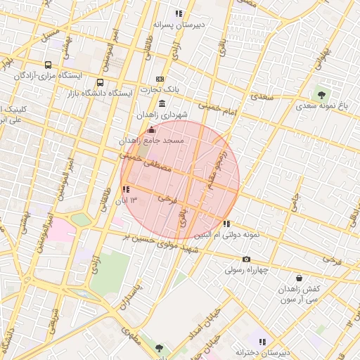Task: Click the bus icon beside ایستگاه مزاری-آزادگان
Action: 48,65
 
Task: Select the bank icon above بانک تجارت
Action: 160,79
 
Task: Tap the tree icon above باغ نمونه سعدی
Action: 322,94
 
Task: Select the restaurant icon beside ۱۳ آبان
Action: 125,189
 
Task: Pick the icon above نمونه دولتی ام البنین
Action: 226,224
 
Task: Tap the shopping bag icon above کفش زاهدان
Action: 300,278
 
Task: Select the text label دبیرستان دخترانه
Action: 262,352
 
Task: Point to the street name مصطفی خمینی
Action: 146,163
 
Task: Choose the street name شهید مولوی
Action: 179,247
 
